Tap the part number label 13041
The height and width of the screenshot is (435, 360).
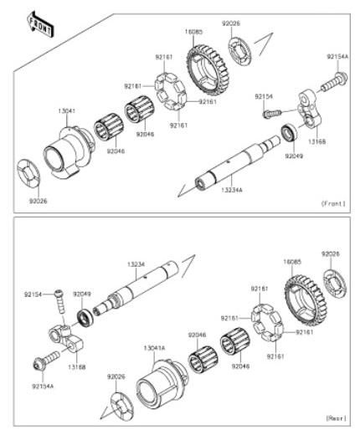point(69,110)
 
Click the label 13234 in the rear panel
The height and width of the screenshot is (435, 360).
point(136,264)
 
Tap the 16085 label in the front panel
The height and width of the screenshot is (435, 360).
point(193,31)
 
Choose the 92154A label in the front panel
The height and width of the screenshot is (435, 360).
point(337,56)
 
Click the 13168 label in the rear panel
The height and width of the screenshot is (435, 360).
point(77,366)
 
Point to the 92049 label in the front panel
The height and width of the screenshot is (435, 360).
point(293,156)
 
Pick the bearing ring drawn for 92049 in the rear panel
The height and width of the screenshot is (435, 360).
point(85,317)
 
